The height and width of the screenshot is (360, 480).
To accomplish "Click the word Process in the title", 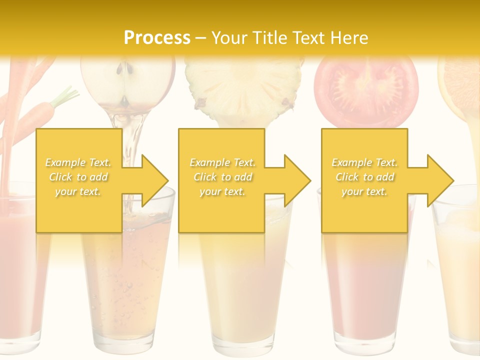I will (x=157, y=37).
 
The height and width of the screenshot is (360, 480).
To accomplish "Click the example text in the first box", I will (x=78, y=177).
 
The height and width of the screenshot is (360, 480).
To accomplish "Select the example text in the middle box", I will (x=222, y=177).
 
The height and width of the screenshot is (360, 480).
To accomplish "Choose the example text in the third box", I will (x=364, y=177).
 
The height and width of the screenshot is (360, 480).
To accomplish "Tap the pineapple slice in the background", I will (x=244, y=85).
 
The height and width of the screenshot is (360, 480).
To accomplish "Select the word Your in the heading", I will (x=229, y=37).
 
